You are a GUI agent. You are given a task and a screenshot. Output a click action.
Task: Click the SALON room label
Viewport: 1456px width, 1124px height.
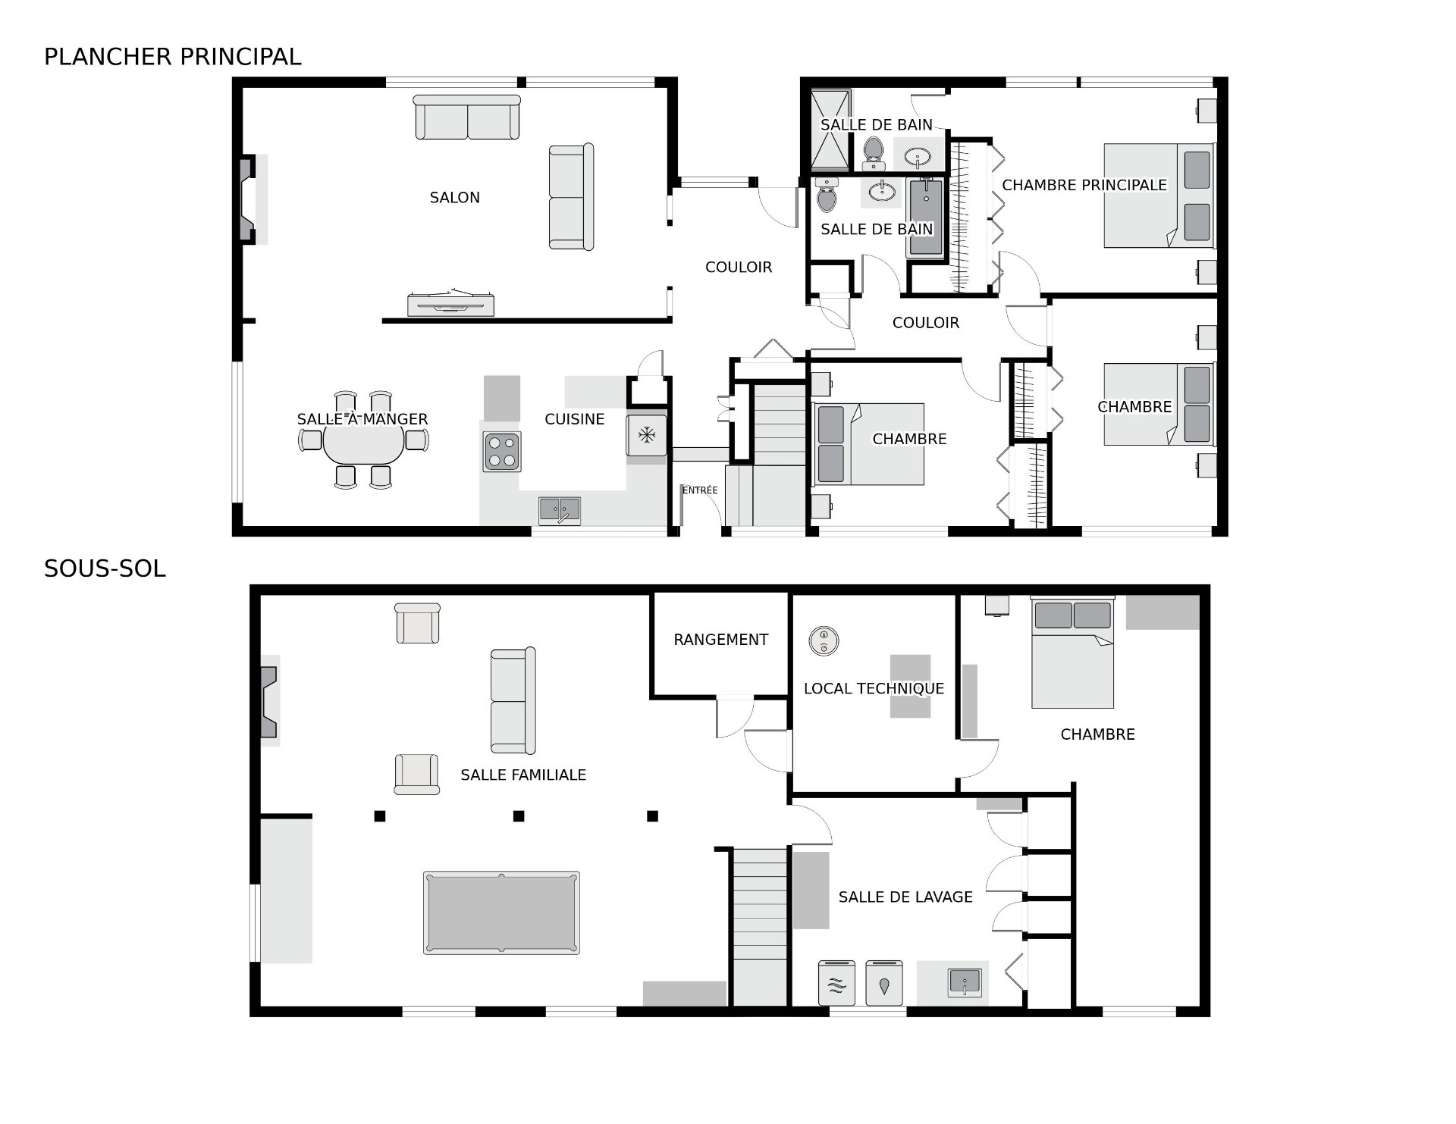[x=454, y=198]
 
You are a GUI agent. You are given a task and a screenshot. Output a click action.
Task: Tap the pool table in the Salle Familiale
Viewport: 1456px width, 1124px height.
[x=501, y=913]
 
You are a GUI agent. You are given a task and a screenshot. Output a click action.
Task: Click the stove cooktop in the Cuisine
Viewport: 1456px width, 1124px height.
[x=502, y=451]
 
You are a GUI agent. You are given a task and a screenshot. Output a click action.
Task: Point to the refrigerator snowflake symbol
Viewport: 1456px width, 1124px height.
[x=646, y=435]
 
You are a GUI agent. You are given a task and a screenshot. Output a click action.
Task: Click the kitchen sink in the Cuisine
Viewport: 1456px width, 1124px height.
[x=560, y=510]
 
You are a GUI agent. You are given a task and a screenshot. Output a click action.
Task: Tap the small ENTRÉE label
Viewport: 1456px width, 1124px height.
[x=700, y=490]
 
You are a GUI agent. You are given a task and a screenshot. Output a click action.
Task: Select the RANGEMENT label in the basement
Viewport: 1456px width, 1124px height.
[x=720, y=640]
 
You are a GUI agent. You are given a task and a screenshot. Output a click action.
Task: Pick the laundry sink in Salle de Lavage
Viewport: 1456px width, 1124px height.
[x=964, y=982]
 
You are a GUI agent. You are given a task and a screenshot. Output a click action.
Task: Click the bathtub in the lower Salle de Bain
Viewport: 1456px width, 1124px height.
[x=925, y=218]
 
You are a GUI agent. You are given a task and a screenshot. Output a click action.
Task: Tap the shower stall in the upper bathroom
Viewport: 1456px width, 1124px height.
[x=831, y=130]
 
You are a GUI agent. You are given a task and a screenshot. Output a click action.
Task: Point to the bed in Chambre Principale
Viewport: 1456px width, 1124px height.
[x=1159, y=196]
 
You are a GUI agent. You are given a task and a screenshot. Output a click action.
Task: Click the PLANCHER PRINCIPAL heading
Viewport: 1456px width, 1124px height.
[x=173, y=57]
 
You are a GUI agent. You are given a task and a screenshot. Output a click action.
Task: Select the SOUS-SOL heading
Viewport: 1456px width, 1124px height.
[x=105, y=568]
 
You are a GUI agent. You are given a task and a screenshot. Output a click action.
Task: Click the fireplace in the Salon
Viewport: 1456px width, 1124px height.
[x=248, y=199]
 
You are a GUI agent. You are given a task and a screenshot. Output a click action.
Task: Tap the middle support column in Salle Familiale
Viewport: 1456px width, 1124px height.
[x=519, y=816]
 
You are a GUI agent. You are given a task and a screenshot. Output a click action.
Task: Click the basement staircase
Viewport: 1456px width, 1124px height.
[x=760, y=927]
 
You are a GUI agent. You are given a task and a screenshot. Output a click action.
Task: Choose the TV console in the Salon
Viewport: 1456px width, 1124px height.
[x=451, y=304]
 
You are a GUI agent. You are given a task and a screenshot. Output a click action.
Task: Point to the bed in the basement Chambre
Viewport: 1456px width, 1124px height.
[x=1072, y=653]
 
